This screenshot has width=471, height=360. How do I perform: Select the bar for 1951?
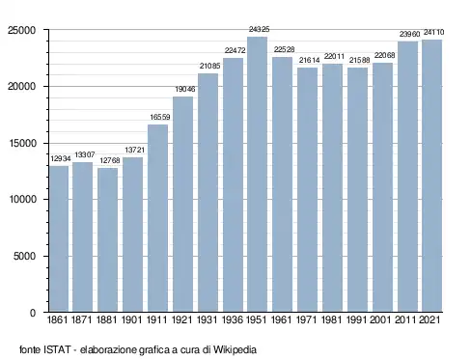pyautogui.click(x=258, y=175)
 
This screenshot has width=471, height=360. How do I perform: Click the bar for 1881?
pyautogui.click(x=107, y=240)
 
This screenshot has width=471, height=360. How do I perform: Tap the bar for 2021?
pyautogui.click(x=432, y=176)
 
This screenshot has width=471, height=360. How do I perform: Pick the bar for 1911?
pyautogui.click(x=157, y=218)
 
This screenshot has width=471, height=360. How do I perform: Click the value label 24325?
pyautogui.click(x=259, y=29)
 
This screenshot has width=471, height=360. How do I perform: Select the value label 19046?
pyautogui.click(x=185, y=89)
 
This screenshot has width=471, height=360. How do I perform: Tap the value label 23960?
pyautogui.click(x=410, y=34)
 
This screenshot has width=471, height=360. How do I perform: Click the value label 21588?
pyautogui.click(x=360, y=60)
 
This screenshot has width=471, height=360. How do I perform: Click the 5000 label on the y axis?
pyautogui.click(x=24, y=257)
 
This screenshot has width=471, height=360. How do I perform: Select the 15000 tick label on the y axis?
pyautogui.click(x=21, y=144)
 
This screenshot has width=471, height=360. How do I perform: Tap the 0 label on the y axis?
pyautogui.click(x=33, y=313)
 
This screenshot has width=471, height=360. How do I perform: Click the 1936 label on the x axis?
pyautogui.click(x=233, y=319)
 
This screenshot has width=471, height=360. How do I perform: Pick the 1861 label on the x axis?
pyautogui.click(x=58, y=319)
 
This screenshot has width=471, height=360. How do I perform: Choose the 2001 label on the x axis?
pyautogui.click(x=380, y=319)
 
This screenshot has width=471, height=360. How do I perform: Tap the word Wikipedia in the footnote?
pyautogui.click(x=235, y=349)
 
